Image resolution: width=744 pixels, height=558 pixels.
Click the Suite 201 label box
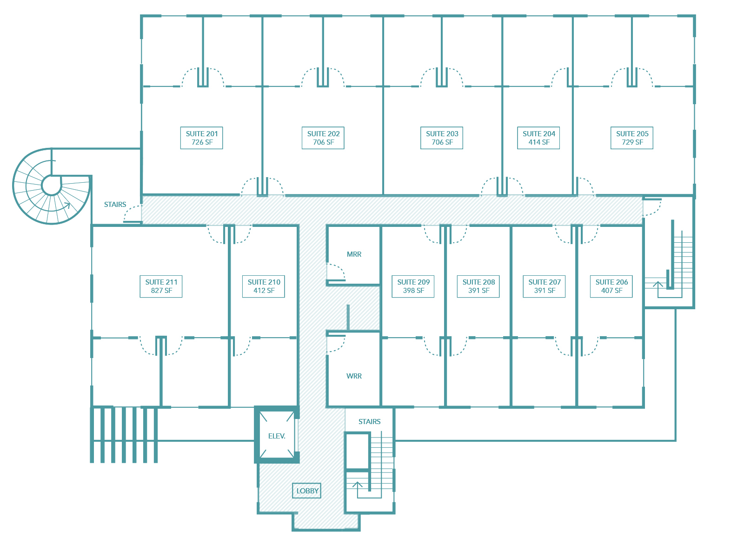201,138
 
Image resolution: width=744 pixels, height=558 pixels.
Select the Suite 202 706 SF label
323,138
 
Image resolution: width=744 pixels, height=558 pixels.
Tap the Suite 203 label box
442,138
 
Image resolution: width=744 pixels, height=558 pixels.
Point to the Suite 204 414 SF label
538,138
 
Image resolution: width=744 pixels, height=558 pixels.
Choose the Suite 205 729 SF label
632,138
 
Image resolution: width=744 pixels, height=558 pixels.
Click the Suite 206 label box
611,286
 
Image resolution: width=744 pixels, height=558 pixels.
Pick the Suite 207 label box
544,286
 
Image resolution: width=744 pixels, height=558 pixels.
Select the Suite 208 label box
478,286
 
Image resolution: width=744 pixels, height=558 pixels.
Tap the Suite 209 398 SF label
413,286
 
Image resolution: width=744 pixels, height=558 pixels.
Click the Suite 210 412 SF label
263,286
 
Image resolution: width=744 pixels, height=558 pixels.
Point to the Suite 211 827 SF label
161,286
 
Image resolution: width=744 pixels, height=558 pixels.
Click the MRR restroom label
354,254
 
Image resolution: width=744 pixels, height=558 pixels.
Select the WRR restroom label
354,376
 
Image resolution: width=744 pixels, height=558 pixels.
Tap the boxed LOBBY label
306,491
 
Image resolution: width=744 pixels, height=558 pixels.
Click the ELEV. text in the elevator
277,436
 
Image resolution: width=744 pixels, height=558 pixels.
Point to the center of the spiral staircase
51,186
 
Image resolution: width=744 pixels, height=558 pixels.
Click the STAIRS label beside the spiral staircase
115,205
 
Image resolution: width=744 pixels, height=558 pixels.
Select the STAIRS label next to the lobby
370,422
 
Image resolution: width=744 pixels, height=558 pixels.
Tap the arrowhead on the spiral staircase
67,205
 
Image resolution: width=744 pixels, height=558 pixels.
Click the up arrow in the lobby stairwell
357,485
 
